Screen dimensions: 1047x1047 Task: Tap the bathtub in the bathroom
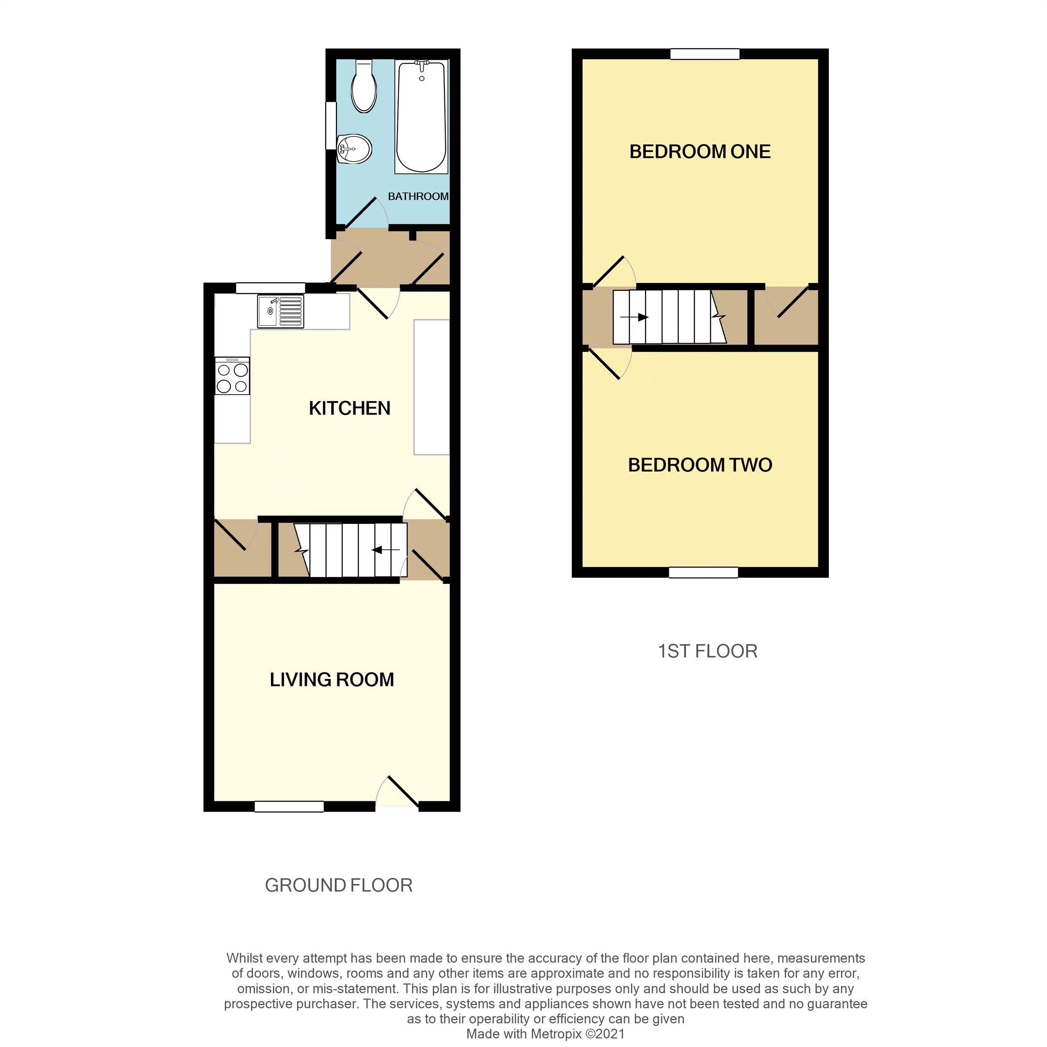[421, 116]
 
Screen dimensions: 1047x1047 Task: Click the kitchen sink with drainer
[280, 312]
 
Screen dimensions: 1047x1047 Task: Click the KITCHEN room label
[350, 408]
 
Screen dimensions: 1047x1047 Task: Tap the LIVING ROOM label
[332, 680]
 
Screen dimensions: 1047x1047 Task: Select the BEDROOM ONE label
[700, 152]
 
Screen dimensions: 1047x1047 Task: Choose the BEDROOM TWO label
[700, 465]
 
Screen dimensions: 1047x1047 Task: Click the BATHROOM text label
[418, 196]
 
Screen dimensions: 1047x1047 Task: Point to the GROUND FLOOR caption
[339, 885]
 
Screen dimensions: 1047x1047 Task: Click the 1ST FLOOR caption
[707, 651]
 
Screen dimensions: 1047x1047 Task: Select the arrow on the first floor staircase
[634, 317]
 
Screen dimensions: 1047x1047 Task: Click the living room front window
[289, 806]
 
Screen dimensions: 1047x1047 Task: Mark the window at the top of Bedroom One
[704, 54]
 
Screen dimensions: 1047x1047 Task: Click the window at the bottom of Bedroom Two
[704, 572]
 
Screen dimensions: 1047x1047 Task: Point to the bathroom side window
[330, 126]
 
